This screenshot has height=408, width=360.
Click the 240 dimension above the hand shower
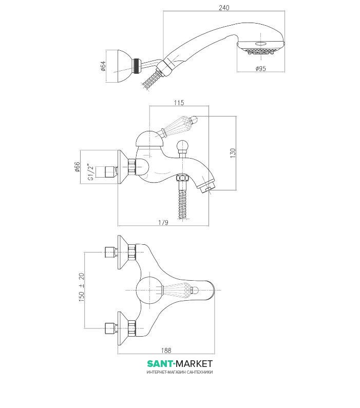point(223,8)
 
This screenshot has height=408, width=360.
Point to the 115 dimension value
point(178,103)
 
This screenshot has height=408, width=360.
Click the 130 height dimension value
point(232,153)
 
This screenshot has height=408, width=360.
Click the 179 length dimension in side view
point(163,222)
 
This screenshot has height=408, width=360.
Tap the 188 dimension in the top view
point(165,351)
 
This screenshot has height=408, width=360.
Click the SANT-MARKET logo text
point(179,364)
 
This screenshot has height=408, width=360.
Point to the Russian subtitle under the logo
point(179,373)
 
